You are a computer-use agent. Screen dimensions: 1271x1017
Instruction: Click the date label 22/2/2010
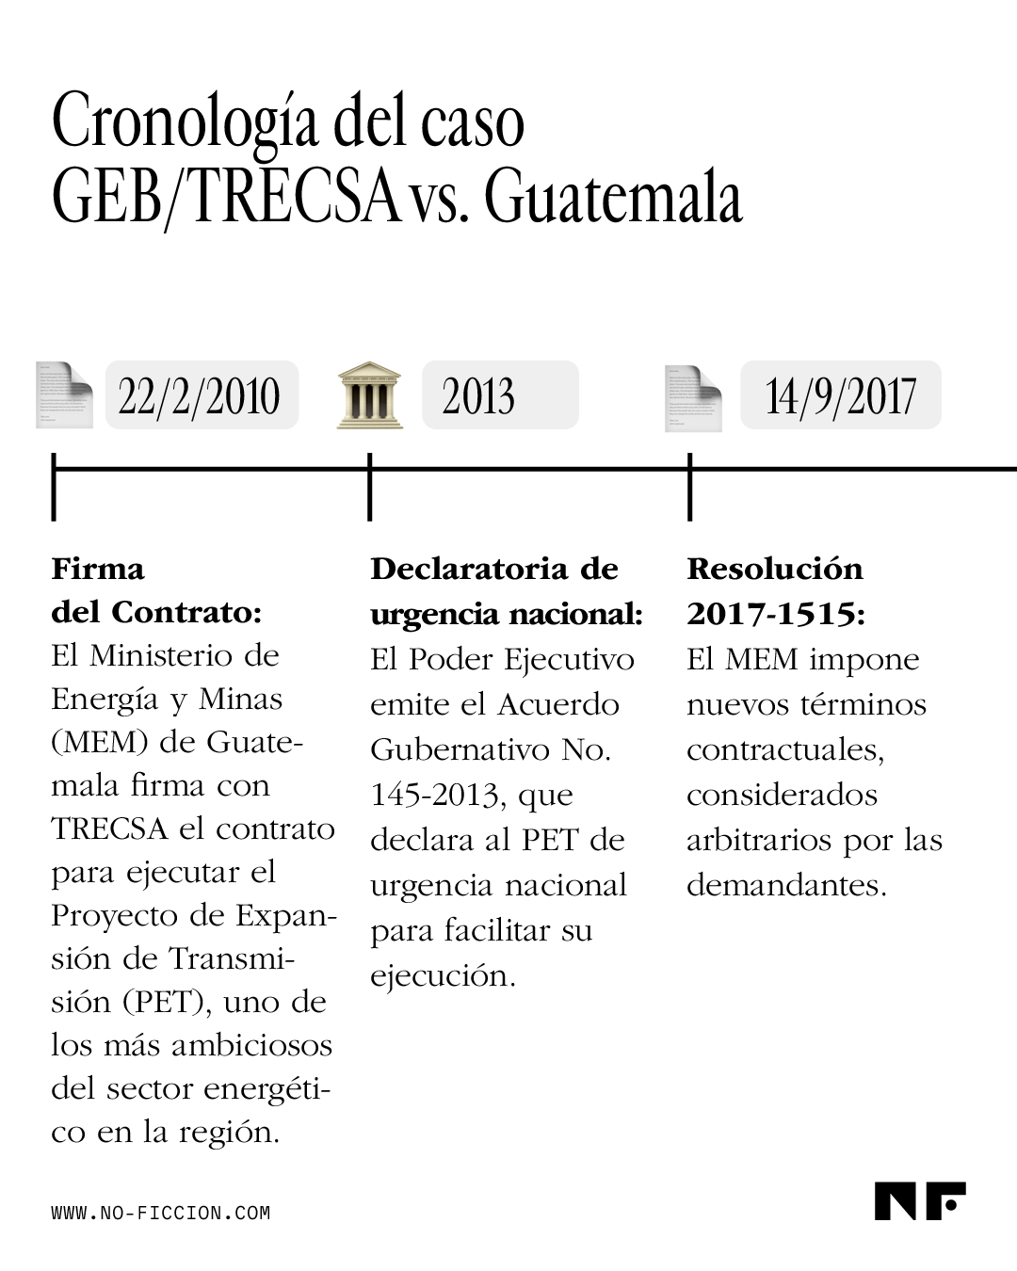201,395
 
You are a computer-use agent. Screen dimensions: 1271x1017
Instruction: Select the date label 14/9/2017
840,395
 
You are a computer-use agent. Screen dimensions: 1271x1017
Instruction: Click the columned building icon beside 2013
369,394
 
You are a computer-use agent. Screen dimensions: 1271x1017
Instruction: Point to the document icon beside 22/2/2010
64,394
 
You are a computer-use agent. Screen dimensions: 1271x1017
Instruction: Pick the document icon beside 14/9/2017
693,397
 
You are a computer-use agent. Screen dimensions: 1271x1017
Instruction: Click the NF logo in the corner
919,1200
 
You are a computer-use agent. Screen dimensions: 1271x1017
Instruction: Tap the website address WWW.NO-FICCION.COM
160,1213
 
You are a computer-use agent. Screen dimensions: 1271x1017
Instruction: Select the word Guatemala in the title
614,199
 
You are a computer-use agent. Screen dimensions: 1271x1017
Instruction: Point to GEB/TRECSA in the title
224,199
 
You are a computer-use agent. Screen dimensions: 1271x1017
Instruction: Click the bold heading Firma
98,569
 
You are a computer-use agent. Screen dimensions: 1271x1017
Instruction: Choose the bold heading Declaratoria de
494,569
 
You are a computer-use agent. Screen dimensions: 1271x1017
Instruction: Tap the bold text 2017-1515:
775,614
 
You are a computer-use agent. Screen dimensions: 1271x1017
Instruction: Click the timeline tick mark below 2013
370,486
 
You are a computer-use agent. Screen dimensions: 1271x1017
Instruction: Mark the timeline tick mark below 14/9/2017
690,486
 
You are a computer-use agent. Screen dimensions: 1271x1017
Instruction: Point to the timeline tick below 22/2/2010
54,486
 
